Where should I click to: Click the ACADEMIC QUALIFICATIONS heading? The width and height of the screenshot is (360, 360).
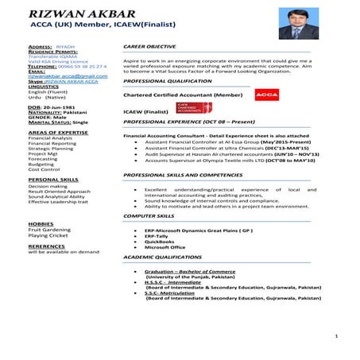point(165,258)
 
